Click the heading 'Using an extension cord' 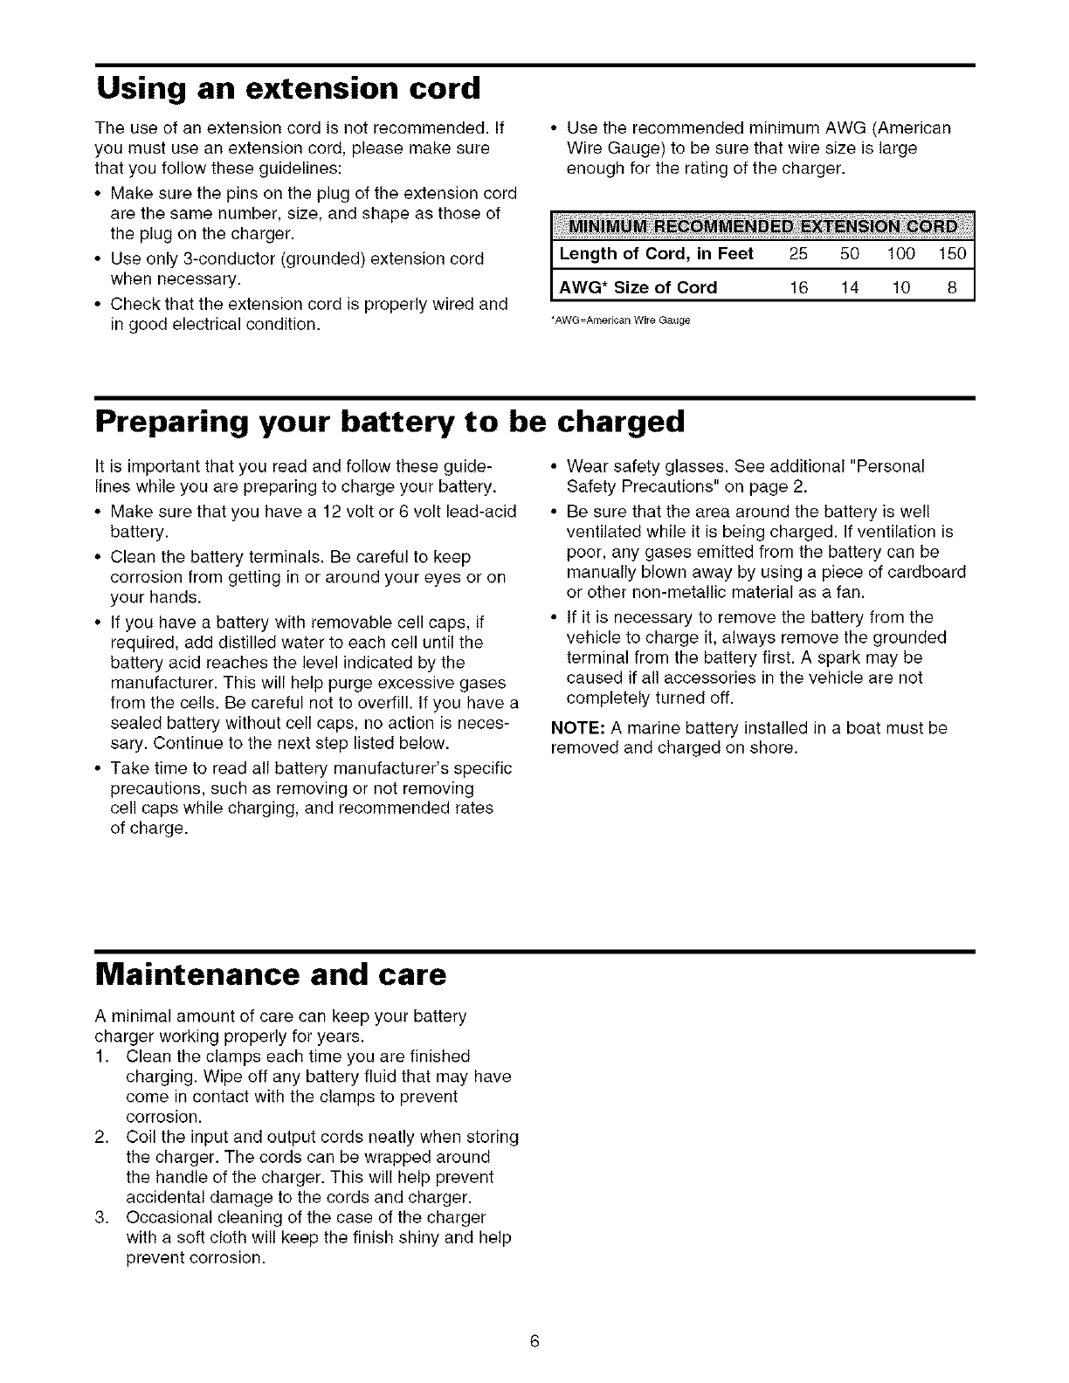[289, 88]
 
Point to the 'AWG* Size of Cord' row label [638, 287]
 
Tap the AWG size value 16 [798, 287]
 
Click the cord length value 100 [900, 254]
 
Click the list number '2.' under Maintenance [100, 1137]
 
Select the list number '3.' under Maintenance [100, 1217]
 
